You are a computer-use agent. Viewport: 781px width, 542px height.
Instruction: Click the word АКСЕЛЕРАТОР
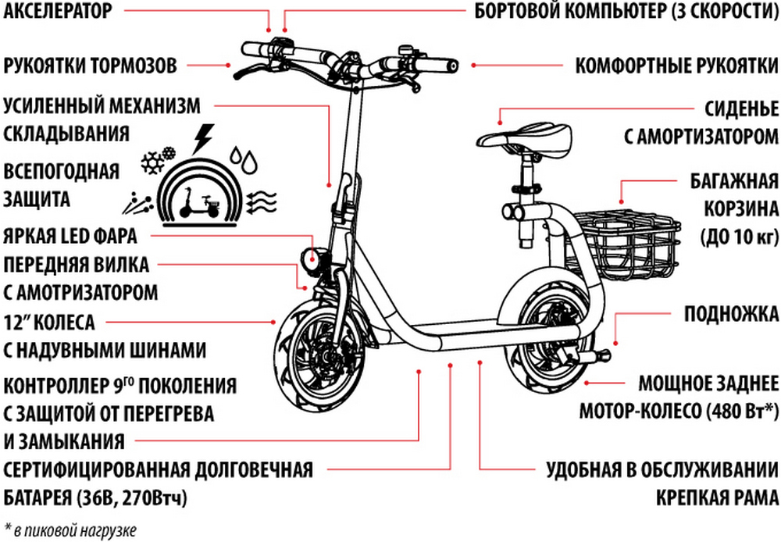click(58, 10)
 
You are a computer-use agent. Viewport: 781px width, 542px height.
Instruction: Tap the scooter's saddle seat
click(524, 137)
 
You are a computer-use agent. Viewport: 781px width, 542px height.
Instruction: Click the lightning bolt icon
click(203, 138)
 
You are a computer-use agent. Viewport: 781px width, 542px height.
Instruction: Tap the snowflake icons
click(158, 159)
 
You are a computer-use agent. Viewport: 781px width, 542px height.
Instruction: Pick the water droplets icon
click(244, 159)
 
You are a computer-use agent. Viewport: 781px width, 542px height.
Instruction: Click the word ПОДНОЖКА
click(731, 314)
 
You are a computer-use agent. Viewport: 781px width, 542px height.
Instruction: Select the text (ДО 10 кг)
click(740, 236)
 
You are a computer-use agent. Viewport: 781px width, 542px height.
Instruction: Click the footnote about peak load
click(70, 530)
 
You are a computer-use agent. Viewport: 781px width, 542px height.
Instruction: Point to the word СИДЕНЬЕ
click(741, 109)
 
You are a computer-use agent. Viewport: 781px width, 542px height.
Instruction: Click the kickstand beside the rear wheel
click(593, 355)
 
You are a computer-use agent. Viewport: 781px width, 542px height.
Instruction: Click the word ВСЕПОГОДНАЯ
click(61, 171)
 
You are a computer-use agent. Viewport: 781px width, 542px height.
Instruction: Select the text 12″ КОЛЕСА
click(48, 323)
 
